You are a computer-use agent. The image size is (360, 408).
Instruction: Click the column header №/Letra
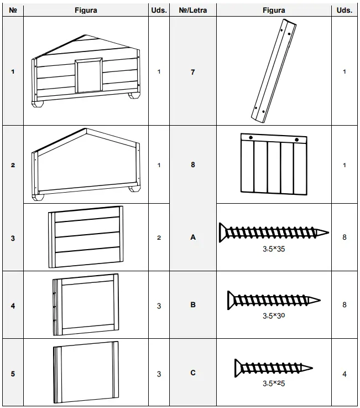(x=192, y=10)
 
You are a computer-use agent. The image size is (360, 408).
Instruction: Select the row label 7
(x=192, y=72)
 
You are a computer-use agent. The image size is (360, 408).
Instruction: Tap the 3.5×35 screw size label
(x=274, y=249)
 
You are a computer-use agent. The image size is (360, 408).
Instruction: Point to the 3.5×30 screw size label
(x=274, y=316)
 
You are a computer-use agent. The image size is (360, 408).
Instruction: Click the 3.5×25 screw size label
(x=274, y=383)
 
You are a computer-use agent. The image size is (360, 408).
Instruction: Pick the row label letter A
(x=192, y=237)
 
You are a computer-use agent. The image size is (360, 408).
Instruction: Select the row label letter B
(x=192, y=304)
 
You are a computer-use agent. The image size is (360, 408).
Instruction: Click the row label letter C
(x=192, y=373)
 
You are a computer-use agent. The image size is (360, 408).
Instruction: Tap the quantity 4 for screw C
(x=344, y=374)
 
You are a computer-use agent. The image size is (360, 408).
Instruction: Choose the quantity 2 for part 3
(x=159, y=237)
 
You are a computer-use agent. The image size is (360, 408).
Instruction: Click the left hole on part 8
(x=251, y=137)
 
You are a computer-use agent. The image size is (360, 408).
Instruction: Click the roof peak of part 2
(x=85, y=130)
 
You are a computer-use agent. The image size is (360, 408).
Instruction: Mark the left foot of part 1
(x=37, y=104)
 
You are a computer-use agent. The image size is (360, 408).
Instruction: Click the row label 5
(x=13, y=374)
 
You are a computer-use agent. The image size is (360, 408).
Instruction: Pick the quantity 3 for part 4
(x=159, y=306)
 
